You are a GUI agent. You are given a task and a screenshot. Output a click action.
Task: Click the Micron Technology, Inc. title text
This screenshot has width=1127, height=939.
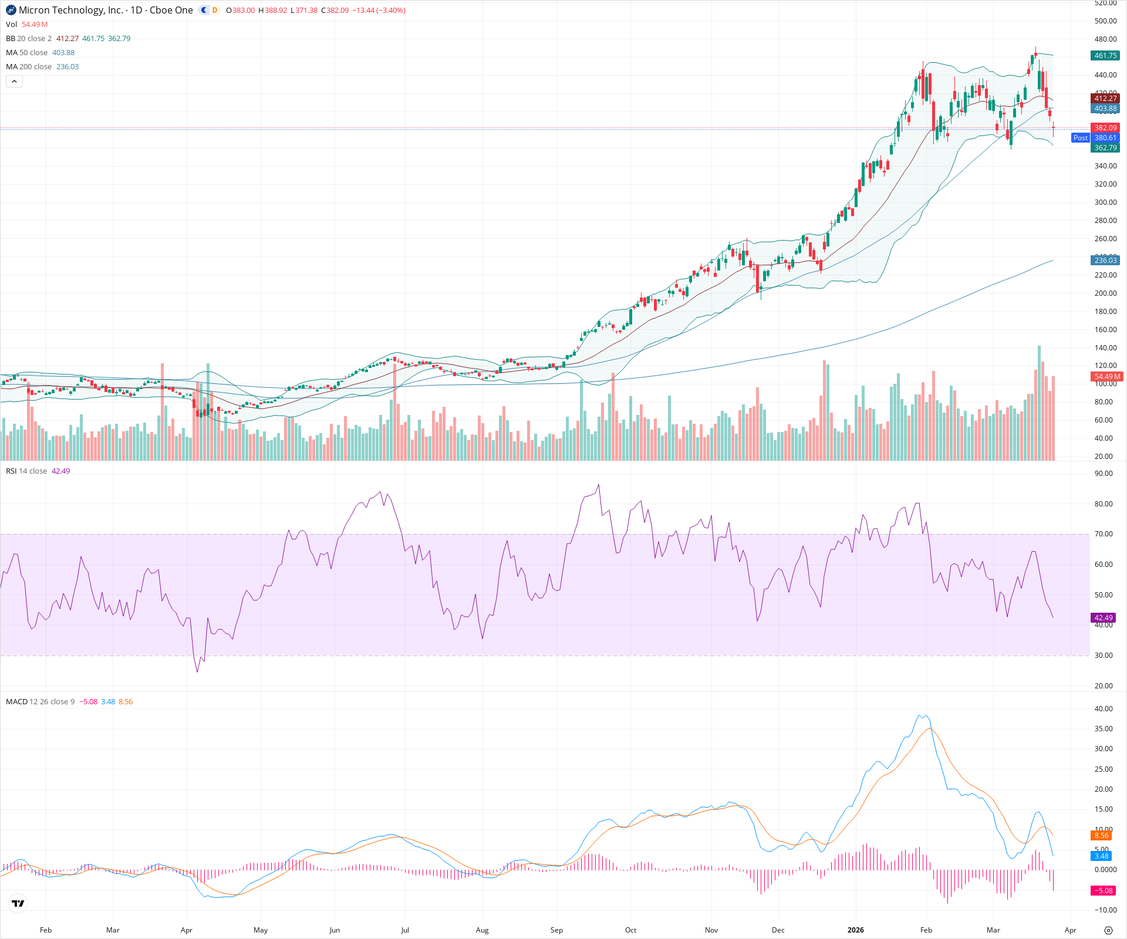point(71,10)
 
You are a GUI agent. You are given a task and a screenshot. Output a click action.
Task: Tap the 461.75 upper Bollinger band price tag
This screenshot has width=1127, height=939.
point(1105,56)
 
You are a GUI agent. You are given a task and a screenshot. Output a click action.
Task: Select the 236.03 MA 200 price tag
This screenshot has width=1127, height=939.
point(1105,260)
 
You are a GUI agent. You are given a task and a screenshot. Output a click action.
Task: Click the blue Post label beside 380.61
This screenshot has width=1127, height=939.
point(1080,138)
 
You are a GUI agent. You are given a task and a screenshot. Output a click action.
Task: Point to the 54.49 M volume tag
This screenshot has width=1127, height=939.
point(1107,377)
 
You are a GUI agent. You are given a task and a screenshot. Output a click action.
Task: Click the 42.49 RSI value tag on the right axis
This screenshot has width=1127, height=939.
point(1104,618)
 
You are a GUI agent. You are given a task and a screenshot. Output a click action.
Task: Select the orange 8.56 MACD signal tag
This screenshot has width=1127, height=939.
point(1101,836)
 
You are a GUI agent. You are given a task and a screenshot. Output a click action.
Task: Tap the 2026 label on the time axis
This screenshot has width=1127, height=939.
point(855,930)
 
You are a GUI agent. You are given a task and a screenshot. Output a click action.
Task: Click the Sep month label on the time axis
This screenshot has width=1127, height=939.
point(556,930)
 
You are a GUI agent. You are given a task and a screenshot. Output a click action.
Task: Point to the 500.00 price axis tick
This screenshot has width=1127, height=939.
point(1105,21)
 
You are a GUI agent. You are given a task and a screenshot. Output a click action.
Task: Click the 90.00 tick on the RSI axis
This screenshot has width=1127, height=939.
point(1104,474)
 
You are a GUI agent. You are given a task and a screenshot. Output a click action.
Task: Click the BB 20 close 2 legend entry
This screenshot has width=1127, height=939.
point(29,39)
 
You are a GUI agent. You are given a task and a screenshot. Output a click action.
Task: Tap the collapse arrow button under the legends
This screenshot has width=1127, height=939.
point(14,82)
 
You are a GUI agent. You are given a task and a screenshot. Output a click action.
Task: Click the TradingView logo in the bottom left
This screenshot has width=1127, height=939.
point(18,903)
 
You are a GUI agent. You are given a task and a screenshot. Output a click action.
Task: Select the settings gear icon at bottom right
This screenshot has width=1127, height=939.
point(1108,930)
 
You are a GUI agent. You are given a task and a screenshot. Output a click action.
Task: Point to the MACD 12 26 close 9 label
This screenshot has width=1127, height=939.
point(40,702)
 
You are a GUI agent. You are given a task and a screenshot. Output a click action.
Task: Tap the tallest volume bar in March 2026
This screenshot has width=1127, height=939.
point(1039,405)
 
